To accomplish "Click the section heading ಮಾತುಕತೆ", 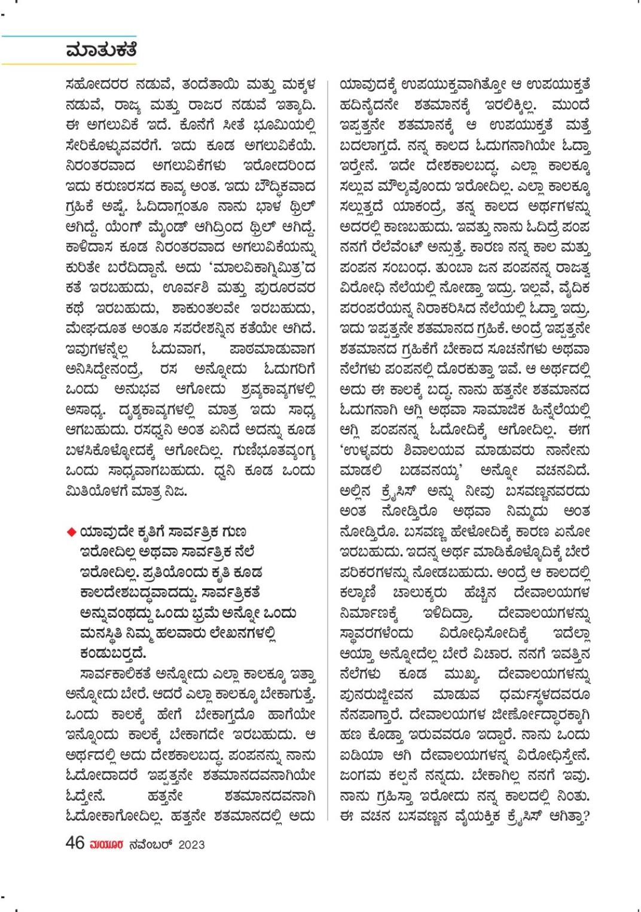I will [x=102, y=50].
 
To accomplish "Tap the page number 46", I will [x=75, y=843].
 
